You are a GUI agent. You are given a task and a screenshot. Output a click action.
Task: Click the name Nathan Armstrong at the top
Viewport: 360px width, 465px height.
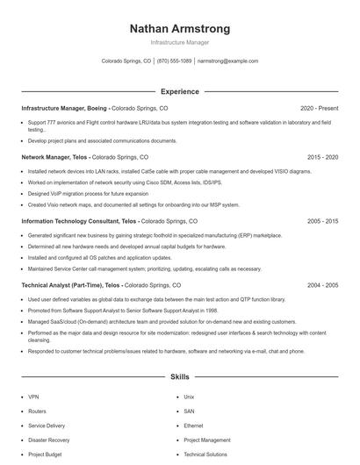coord(179,29)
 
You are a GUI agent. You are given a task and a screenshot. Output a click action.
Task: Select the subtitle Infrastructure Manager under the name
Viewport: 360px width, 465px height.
coord(179,43)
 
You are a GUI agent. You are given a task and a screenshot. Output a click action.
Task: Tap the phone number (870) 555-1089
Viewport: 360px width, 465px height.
coord(174,61)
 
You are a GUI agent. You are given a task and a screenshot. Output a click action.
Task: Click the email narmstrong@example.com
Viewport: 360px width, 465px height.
coord(227,61)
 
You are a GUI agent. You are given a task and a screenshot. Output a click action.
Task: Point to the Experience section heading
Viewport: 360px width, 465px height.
coord(179,91)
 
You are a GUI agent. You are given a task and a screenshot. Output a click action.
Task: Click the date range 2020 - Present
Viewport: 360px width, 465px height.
coord(319,108)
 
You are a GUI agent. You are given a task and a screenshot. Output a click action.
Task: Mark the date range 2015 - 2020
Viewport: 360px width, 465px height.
coord(322,156)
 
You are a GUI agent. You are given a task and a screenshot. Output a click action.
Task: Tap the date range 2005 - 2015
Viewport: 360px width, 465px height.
coord(322,222)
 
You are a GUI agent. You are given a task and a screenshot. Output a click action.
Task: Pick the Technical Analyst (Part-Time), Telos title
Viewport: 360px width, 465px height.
coord(71,285)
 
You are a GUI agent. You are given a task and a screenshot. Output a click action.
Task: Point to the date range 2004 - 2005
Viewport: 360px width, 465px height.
coord(322,285)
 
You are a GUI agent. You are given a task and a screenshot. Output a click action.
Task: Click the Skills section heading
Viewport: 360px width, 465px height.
coord(179,377)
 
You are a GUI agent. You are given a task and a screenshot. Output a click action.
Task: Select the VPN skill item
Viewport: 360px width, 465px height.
coord(33,397)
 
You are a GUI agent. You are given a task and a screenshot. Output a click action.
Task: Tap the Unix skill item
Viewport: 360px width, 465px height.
coord(189,397)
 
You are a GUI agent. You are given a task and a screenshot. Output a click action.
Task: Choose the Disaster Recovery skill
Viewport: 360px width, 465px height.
coord(48,440)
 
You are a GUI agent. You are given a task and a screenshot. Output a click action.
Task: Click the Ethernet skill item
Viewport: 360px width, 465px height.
coord(193,426)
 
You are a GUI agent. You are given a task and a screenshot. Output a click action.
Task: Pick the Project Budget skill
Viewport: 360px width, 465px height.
coord(44,454)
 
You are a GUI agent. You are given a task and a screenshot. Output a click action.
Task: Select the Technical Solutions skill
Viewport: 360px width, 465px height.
coord(205,454)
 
